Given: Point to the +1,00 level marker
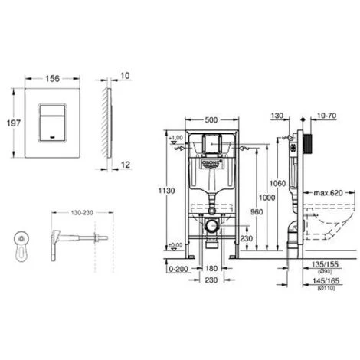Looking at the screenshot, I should [178, 138].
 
